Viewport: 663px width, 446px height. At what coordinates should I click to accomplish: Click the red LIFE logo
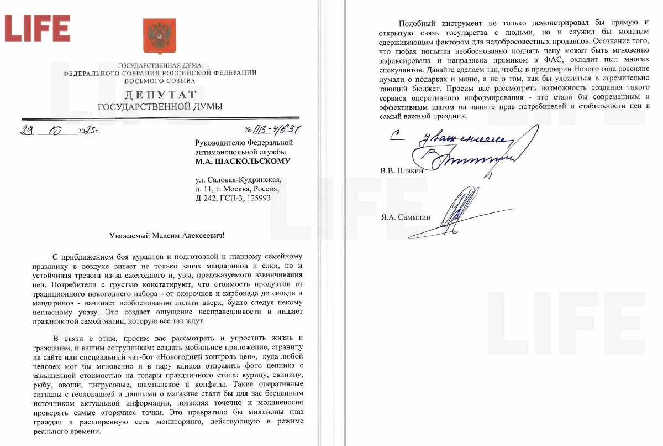click(38, 28)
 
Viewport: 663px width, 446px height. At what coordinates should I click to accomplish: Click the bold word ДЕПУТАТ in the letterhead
click(160, 95)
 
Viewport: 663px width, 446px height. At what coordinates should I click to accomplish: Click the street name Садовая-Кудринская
click(248, 179)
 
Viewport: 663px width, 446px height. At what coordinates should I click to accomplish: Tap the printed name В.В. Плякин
click(401, 170)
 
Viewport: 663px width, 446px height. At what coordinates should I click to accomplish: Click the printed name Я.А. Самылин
click(405, 217)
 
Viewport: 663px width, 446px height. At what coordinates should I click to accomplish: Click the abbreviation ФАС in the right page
click(555, 59)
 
